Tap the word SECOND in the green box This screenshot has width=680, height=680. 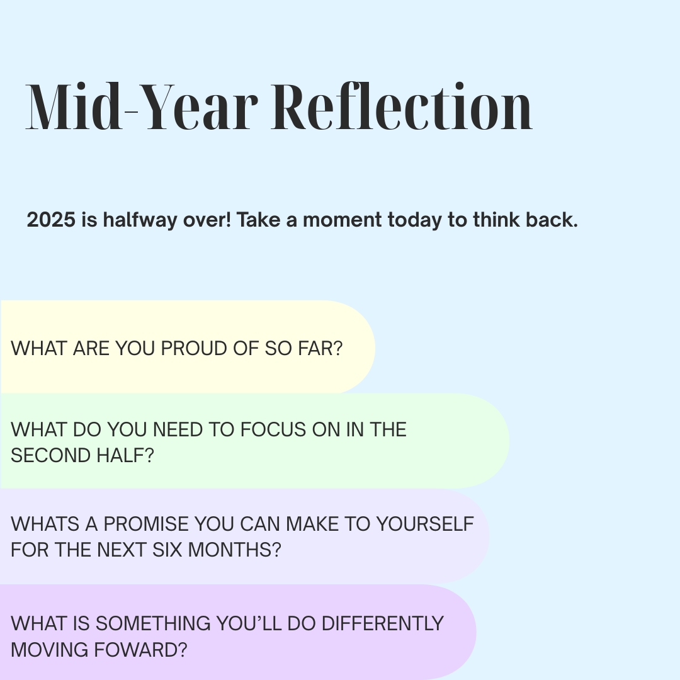tap(47, 455)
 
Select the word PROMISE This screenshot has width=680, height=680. tap(145, 524)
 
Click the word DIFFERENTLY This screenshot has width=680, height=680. tap(382, 623)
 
